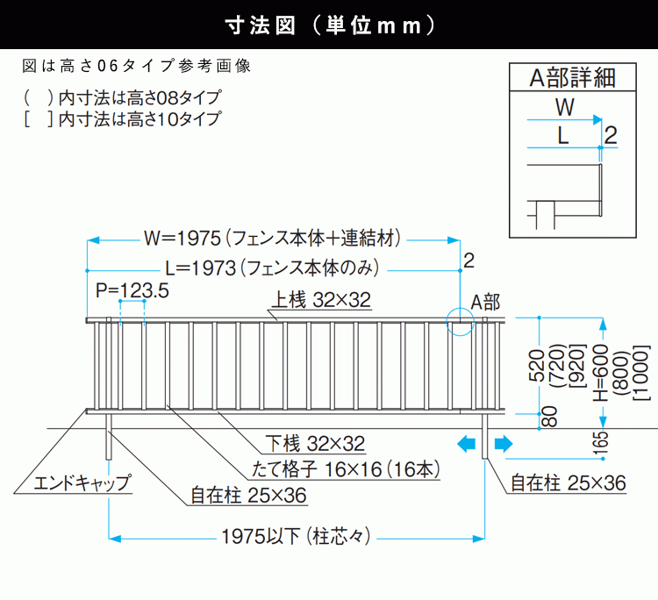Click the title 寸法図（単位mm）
329,25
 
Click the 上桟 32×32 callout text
321,301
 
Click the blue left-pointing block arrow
466,444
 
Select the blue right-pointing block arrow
504,444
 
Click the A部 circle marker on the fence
459,322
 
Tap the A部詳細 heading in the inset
571,77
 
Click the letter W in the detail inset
566,108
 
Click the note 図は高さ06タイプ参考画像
140,65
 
